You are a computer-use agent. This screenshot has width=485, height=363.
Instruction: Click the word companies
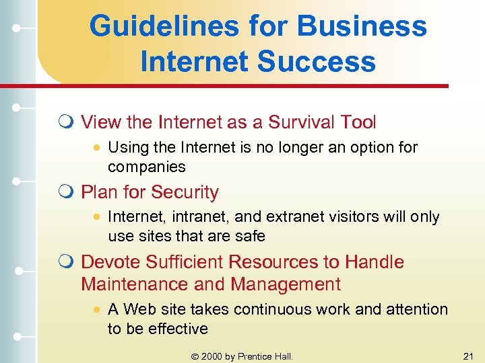(146, 166)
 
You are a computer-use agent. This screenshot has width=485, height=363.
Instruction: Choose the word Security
(184, 192)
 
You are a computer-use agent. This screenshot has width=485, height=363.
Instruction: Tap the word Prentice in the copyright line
(256, 356)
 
